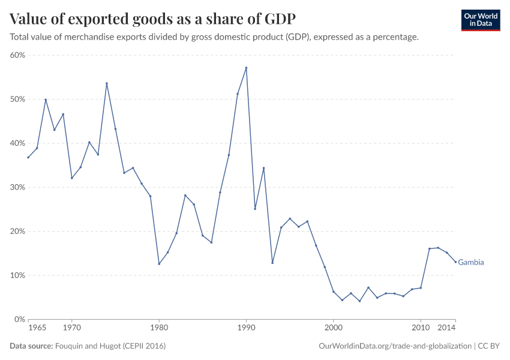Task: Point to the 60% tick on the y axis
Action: (x=17, y=55)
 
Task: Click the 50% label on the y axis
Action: (x=17, y=99)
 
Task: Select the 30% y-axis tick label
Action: (x=17, y=187)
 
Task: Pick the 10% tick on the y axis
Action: (x=17, y=275)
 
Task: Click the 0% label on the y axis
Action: (x=19, y=319)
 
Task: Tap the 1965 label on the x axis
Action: (x=37, y=329)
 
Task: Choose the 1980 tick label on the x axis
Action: (x=159, y=329)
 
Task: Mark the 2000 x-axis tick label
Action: (x=334, y=329)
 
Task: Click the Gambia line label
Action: (x=471, y=262)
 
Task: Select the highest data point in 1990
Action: (x=246, y=68)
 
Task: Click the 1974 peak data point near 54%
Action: (x=107, y=83)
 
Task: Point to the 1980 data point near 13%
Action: (x=159, y=264)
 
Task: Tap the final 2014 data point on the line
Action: (x=455, y=262)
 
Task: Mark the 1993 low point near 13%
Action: (x=272, y=263)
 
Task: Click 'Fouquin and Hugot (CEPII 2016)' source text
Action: (x=110, y=346)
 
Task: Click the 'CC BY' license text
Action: (x=489, y=346)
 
